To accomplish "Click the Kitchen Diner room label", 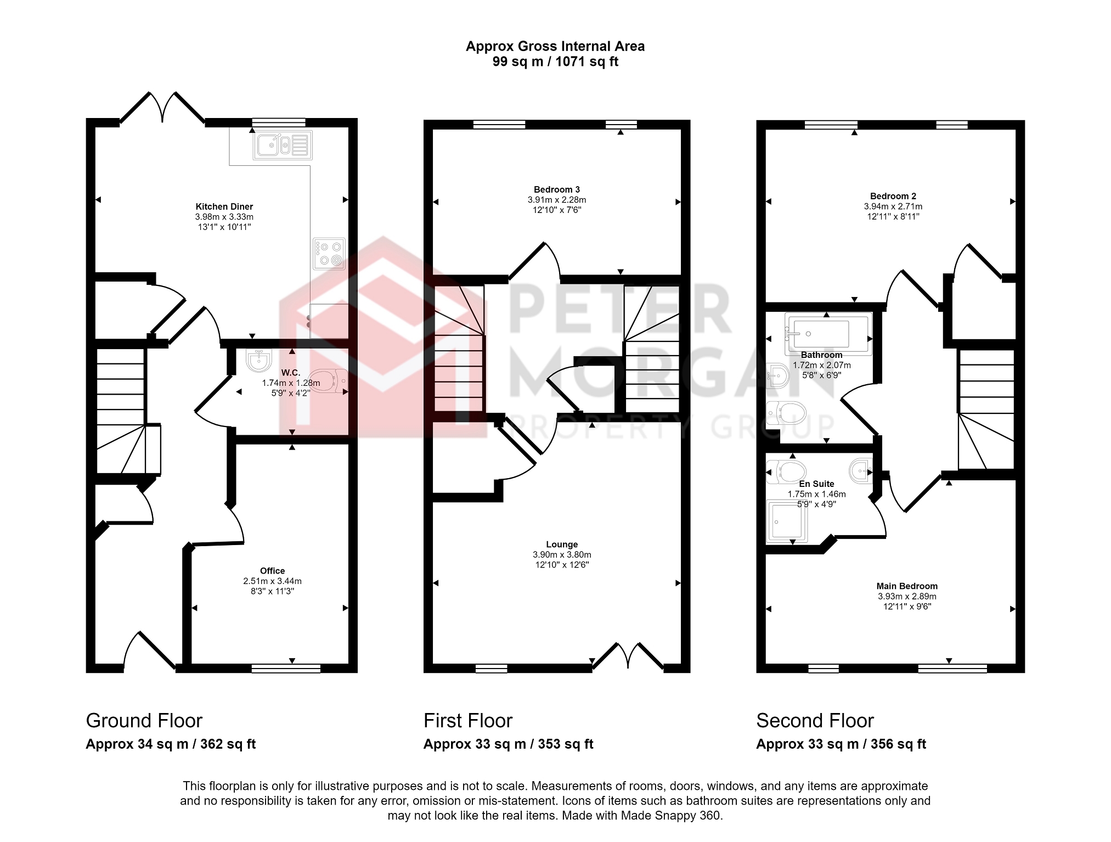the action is (224, 207).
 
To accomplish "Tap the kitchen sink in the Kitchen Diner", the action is (283, 145).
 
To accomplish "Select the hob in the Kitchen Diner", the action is (329, 254).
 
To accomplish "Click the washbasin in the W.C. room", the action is (259, 360).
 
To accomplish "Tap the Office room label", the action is (273, 571).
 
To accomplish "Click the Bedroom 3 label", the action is (557, 190).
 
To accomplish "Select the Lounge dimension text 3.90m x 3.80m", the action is (562, 555).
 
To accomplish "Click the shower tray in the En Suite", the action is (787, 521).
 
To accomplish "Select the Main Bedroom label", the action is (907, 586).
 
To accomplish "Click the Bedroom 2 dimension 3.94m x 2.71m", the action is (893, 207).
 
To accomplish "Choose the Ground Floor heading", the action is (144, 721).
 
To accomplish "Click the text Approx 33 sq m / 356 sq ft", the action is (841, 744).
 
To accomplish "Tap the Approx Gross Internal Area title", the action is (555, 47).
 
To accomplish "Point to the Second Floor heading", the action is (815, 721).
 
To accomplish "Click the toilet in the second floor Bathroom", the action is (786, 413).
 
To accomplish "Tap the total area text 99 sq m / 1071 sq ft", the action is (555, 61).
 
